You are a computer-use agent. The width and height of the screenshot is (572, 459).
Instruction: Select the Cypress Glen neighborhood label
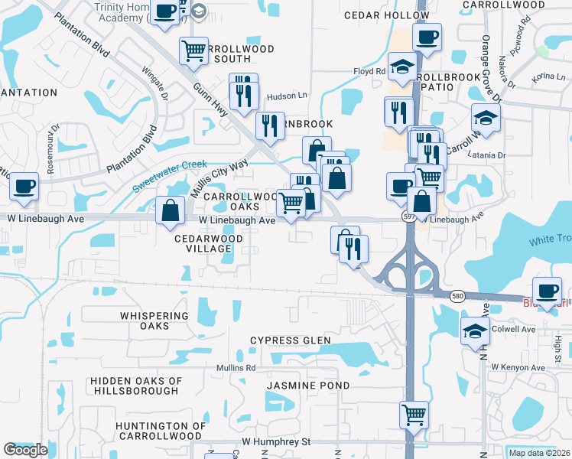coord(291,340)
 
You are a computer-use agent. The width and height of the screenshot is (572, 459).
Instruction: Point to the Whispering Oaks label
coord(154,321)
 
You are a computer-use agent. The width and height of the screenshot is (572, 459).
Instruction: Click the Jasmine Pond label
coord(308,386)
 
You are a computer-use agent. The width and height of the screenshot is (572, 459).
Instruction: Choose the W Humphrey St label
coord(276,441)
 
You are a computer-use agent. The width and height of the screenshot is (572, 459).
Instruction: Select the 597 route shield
coord(411,217)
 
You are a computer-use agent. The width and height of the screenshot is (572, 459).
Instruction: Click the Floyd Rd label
coord(369,72)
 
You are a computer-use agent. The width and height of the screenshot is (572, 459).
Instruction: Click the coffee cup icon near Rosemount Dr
coord(24,186)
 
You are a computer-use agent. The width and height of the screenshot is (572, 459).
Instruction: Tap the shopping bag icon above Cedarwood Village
coord(170,209)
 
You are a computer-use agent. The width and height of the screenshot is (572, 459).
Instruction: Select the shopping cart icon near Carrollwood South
coord(194,50)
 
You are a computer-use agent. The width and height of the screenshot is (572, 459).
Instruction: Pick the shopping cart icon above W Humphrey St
coord(414,415)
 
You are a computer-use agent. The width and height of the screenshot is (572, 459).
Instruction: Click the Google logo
coord(25,450)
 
